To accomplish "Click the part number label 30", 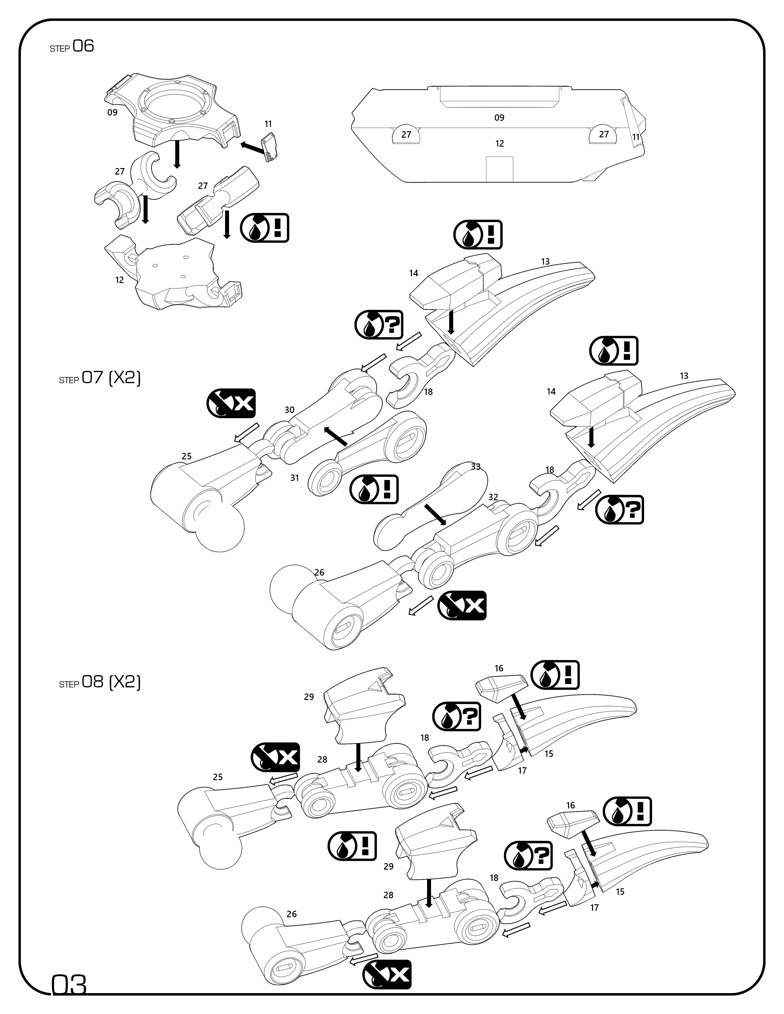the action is [x=289, y=410].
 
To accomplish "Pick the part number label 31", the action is [x=295, y=478].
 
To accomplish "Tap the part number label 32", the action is [x=493, y=497].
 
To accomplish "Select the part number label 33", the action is [x=476, y=467].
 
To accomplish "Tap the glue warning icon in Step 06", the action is [x=265, y=228].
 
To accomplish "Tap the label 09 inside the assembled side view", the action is [x=499, y=117].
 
